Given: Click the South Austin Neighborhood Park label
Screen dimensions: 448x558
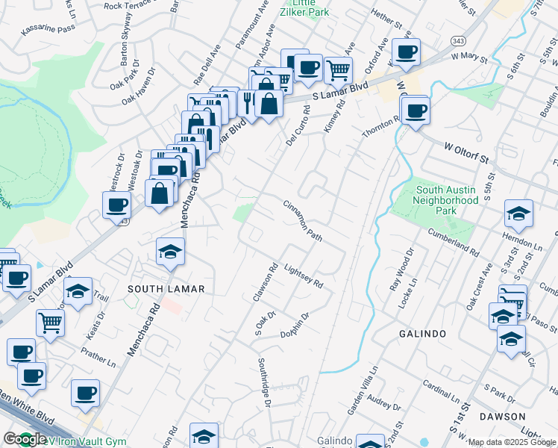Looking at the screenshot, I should [446, 196].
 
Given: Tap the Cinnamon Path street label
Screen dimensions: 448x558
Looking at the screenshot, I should [303, 221].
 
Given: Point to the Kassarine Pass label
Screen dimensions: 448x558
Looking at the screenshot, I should [49, 28].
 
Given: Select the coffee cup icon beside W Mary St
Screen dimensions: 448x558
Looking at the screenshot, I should [406, 52].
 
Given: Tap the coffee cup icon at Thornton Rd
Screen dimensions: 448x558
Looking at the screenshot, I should [415, 111].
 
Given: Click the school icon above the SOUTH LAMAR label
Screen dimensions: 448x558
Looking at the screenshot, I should [171, 252].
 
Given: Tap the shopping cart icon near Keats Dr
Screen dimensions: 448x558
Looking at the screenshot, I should [50, 323].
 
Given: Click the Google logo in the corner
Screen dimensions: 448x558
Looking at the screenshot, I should [25, 440].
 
